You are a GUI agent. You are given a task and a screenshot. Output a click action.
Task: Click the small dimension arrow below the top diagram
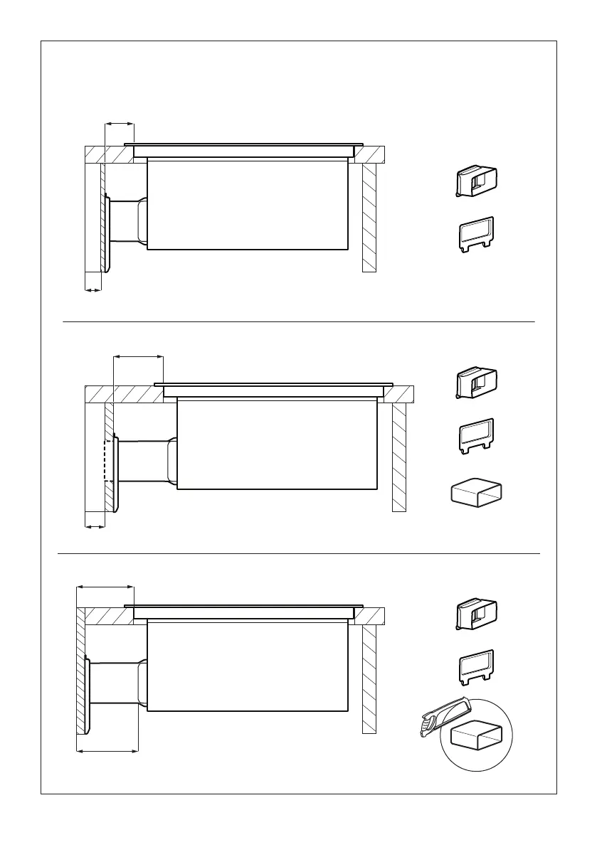93,289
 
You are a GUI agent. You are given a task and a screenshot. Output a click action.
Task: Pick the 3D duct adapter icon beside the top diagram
476,181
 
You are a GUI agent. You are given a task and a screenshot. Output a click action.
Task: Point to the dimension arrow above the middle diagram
138,357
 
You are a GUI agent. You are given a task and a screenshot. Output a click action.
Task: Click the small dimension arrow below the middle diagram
95,527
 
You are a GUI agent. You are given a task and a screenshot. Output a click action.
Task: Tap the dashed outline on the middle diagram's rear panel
109,461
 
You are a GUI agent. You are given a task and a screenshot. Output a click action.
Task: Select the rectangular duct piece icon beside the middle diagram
476,494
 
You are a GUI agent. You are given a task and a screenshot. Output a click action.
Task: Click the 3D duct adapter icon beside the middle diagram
476,382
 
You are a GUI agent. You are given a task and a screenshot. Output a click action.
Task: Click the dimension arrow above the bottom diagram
105,587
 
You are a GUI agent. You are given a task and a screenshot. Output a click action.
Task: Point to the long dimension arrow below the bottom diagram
107,750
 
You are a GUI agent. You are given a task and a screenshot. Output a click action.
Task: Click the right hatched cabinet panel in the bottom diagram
369,679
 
